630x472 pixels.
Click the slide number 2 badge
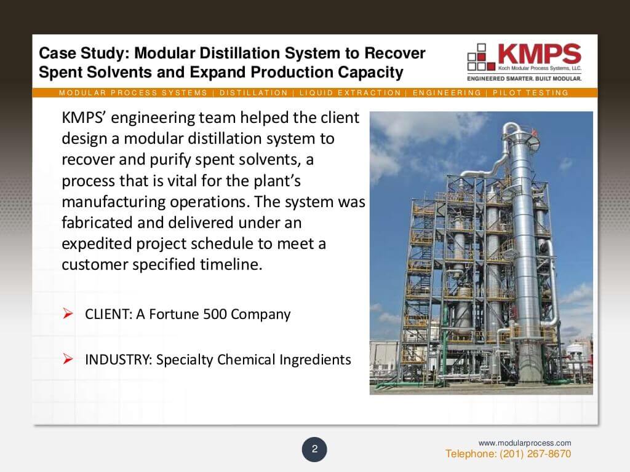coord(314,449)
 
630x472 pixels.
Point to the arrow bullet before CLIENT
coord(68,315)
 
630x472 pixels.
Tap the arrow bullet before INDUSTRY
coord(68,359)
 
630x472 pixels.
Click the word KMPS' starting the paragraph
coord(82,118)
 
